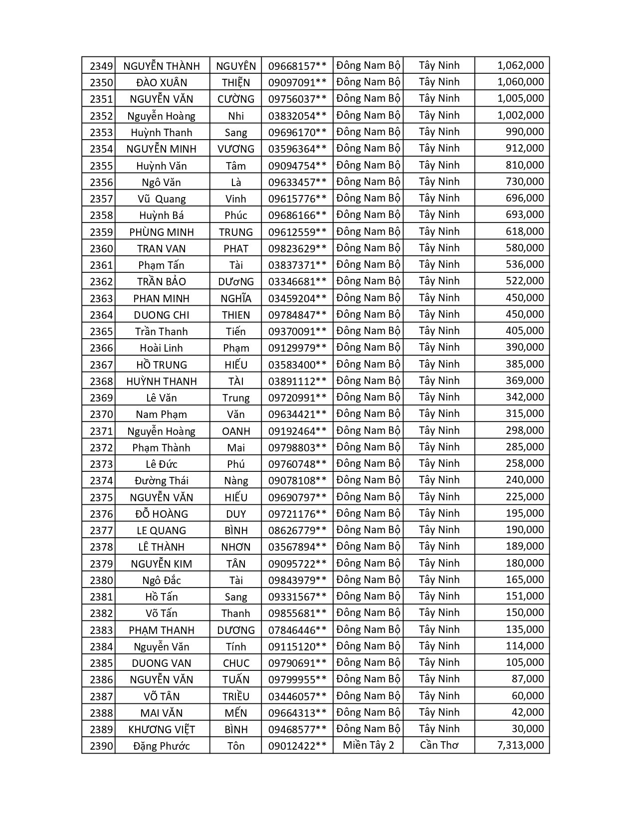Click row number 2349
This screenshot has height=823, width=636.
(101, 66)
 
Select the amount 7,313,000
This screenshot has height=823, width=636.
(520, 745)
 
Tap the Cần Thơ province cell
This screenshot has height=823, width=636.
(439, 745)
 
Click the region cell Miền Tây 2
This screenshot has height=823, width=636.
(368, 745)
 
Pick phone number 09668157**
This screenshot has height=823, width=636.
(297, 66)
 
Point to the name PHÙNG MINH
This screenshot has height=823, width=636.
(161, 232)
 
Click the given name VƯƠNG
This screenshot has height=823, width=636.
(236, 149)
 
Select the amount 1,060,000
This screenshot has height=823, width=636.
(520, 82)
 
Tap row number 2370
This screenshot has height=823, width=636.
(101, 414)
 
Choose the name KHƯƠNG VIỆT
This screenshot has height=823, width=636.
(161, 729)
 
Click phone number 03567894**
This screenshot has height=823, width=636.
(297, 547)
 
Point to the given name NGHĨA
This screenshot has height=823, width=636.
(236, 298)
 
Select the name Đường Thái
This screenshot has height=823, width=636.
(161, 480)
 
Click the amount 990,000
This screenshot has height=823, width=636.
(524, 132)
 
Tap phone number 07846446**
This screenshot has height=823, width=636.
(297, 630)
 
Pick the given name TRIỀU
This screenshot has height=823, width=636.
(236, 696)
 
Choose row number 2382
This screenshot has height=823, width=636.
(101, 613)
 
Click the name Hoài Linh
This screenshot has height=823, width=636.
(161, 348)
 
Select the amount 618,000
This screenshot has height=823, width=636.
(524, 231)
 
